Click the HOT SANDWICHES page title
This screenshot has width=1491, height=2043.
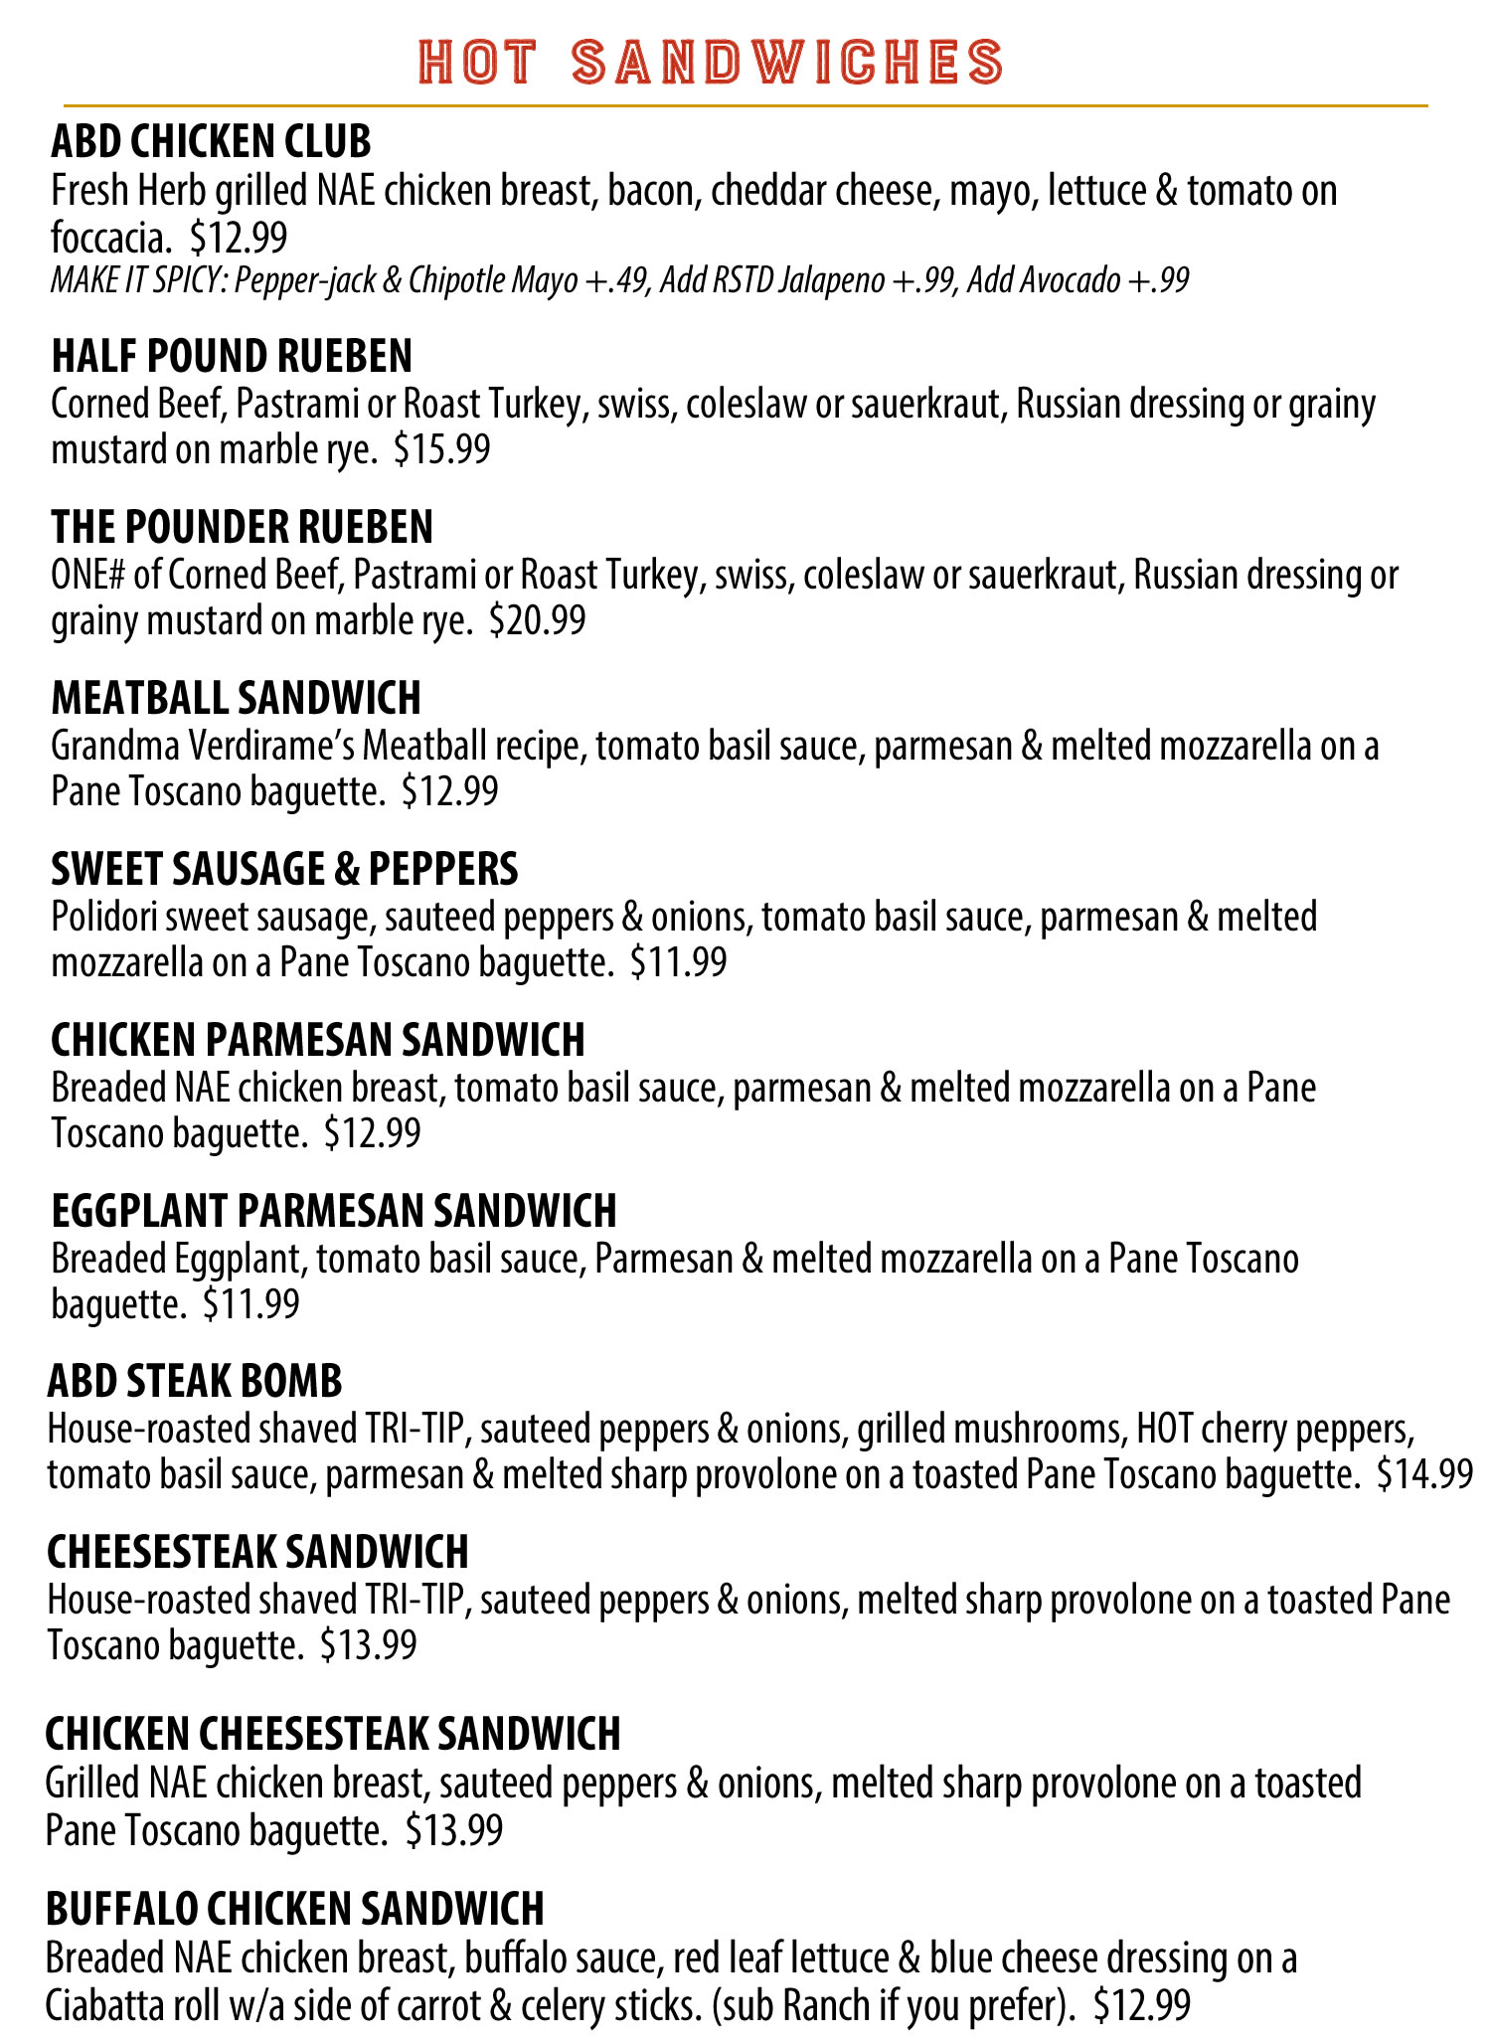click(x=710, y=62)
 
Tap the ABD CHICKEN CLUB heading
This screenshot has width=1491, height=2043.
click(x=211, y=142)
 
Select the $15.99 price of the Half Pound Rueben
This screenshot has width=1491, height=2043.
click(x=441, y=450)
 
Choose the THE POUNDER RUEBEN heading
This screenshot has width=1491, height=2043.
click(x=242, y=527)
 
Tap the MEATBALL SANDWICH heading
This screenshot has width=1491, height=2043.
click(x=236, y=698)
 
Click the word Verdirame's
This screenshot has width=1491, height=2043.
click(x=267, y=746)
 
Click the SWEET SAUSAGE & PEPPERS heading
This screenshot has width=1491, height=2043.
click(x=284, y=869)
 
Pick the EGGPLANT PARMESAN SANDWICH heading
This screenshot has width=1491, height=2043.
click(x=334, y=1211)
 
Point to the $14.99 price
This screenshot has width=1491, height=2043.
click(x=1424, y=1473)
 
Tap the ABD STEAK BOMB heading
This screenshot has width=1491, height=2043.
click(x=195, y=1381)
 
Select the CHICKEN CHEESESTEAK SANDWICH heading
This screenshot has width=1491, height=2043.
click(x=332, y=1734)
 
